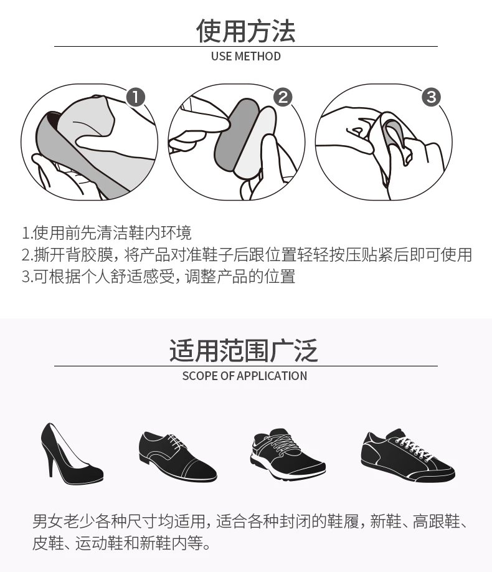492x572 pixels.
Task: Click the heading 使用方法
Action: pos(245,31)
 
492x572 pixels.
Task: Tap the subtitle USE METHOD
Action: pos(246,56)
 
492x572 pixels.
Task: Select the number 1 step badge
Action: pos(136,97)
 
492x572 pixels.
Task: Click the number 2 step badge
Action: pos(283,97)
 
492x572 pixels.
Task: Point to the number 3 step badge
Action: pos(431,97)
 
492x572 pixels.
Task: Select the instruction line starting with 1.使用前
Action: pos(106,233)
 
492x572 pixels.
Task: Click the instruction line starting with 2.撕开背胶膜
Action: pos(247,255)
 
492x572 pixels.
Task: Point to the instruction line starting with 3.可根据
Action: pos(158,276)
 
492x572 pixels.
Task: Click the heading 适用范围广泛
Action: pos(244,351)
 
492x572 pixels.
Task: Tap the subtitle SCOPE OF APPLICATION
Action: pos(244,376)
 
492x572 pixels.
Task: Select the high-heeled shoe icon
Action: pos(72,454)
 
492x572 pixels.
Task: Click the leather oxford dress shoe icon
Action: pos(177,456)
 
